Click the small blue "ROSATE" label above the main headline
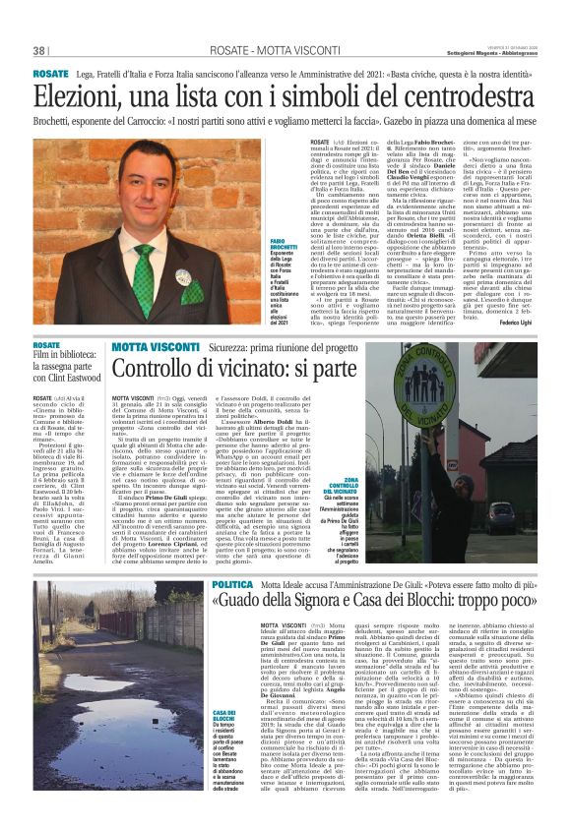point(50,74)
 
